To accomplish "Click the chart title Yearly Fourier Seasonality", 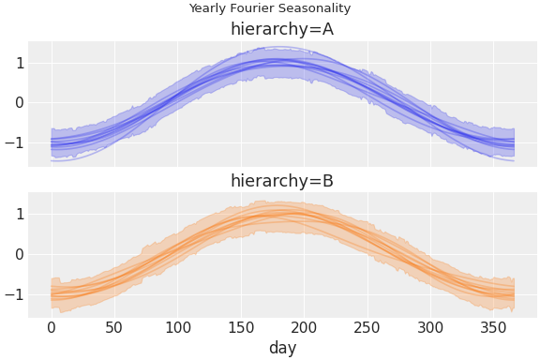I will coord(269,8).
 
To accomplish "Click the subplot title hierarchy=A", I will coord(282,29).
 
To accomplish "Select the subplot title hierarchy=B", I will coord(282,181).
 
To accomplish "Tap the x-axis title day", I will coord(282,348).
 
